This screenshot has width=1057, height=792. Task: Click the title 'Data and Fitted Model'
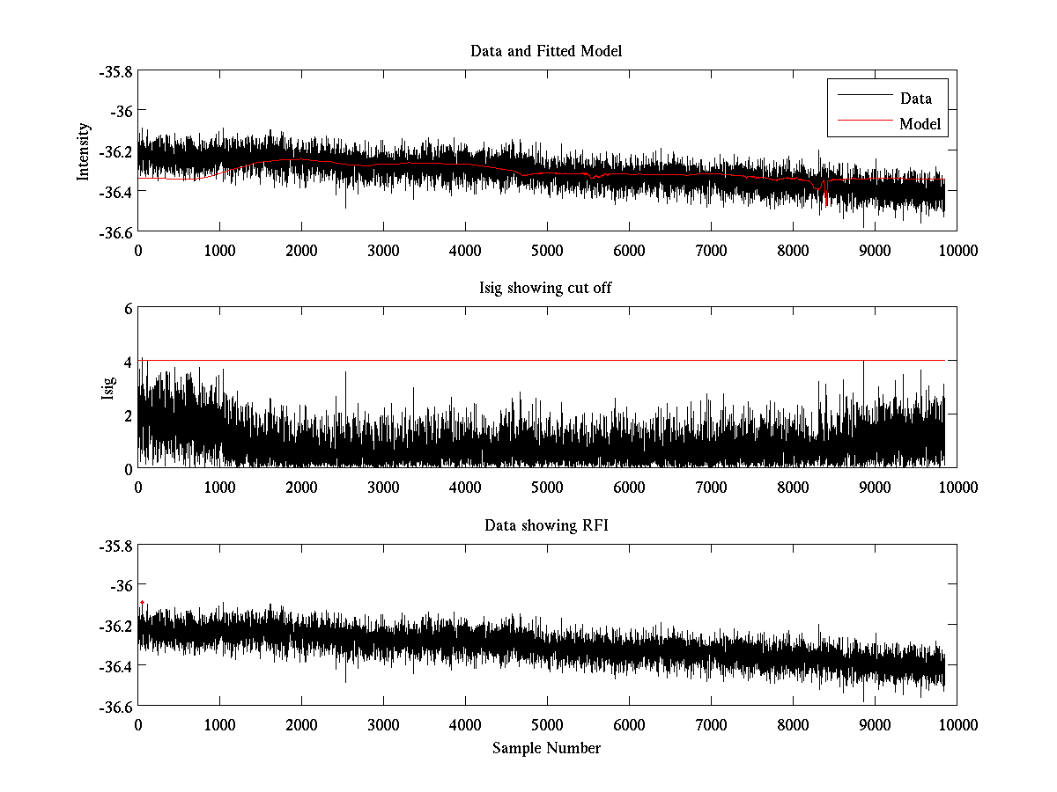[x=546, y=51]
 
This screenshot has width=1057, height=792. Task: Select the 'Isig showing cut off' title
[x=546, y=289]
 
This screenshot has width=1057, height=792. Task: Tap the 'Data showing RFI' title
[x=546, y=526]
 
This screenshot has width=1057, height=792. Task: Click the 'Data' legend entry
[x=915, y=99]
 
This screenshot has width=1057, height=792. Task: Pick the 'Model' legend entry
[x=920, y=124]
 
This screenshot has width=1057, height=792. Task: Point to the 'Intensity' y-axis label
[x=84, y=150]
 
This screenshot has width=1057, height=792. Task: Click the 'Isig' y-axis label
[x=108, y=388]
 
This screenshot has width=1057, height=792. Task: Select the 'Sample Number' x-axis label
[x=546, y=748]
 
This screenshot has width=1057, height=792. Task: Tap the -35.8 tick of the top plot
[x=115, y=71]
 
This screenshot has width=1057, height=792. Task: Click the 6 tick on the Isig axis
[x=128, y=309]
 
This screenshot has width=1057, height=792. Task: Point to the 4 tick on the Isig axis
[x=128, y=362]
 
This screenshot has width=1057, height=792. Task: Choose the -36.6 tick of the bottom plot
[x=115, y=707]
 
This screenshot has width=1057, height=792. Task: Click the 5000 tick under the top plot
[x=546, y=251]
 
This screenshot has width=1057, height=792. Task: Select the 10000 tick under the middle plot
[x=957, y=488]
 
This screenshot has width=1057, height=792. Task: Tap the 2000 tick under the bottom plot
[x=301, y=725]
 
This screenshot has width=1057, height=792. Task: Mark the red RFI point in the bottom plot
[x=142, y=602]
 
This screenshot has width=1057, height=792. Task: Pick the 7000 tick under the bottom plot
[x=711, y=725]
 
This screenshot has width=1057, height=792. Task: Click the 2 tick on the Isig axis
[x=128, y=415]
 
